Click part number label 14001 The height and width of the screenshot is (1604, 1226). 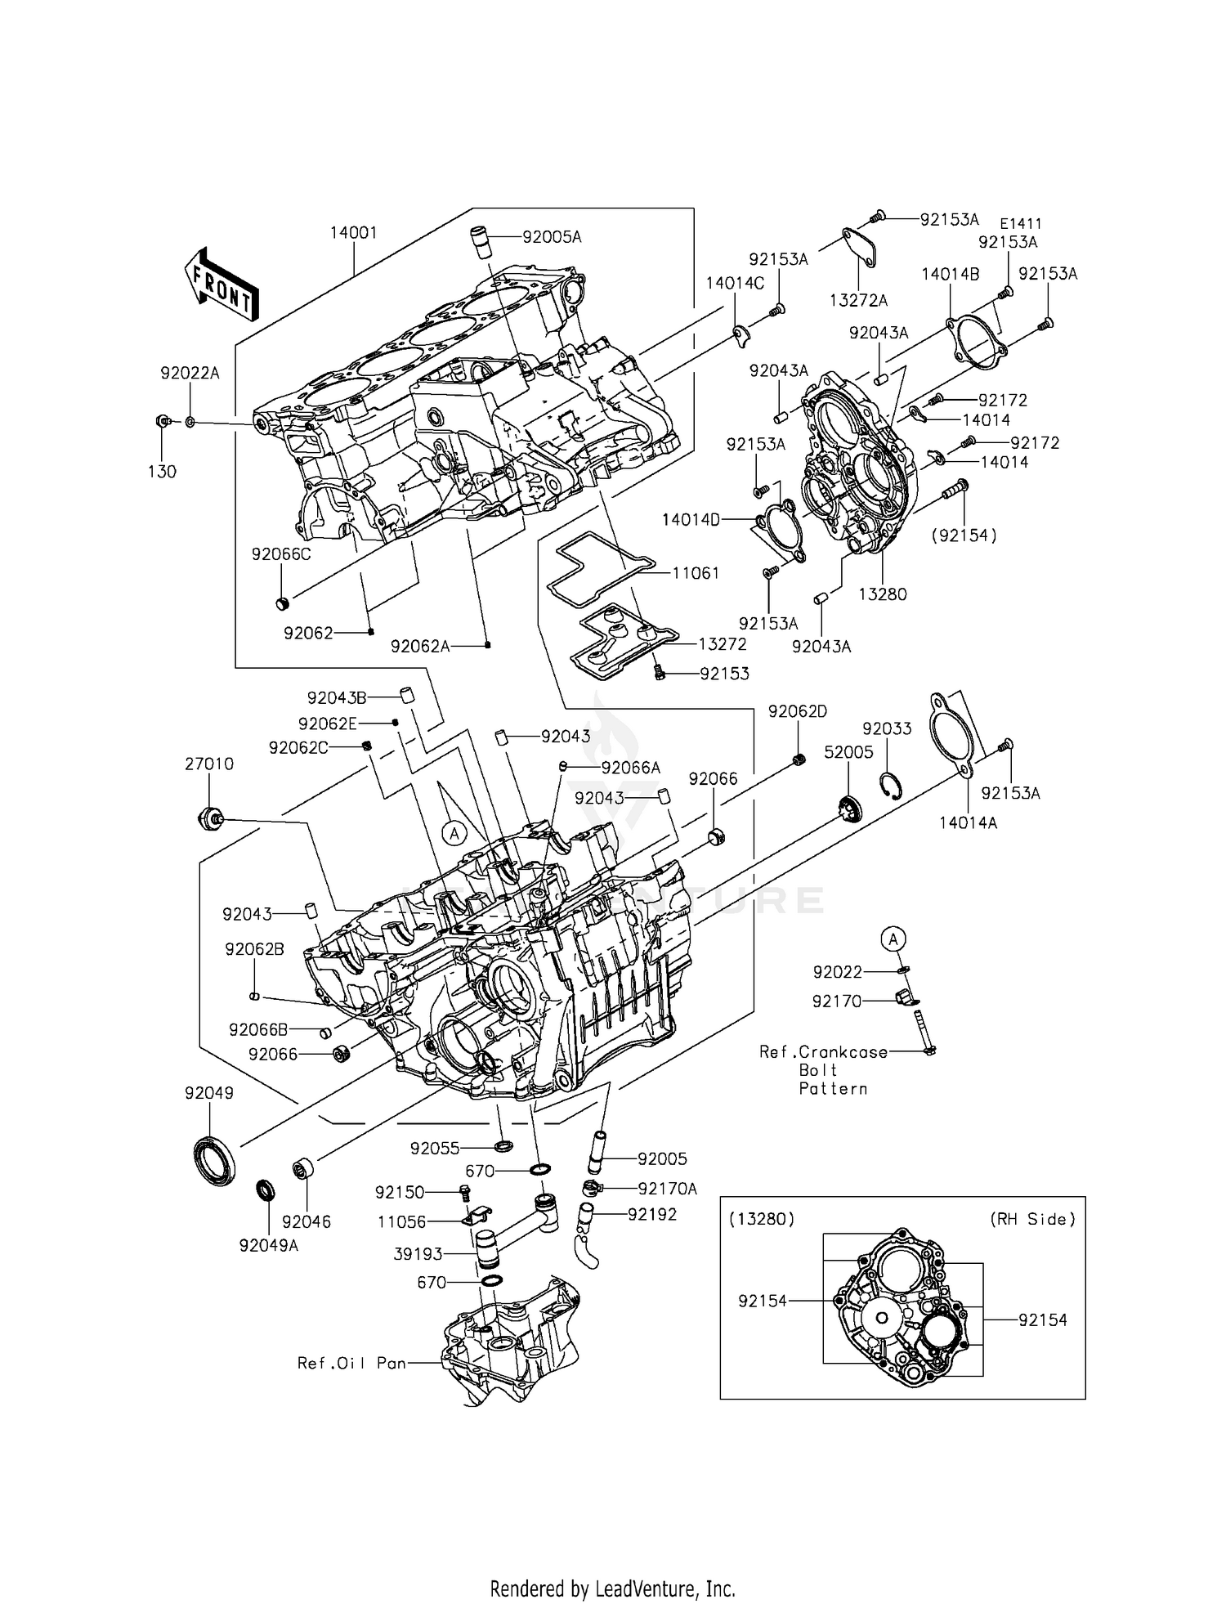tap(353, 233)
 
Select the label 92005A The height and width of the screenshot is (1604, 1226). tap(552, 237)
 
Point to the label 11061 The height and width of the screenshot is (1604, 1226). tap(696, 573)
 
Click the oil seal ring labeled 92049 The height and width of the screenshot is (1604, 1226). tap(214, 1159)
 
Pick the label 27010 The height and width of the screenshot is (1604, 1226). tap(208, 764)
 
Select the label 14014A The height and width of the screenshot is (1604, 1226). tap(968, 823)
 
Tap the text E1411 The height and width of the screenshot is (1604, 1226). tap(1022, 223)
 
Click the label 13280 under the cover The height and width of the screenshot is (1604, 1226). tap(883, 594)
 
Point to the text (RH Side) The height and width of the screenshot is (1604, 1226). tap(1032, 1219)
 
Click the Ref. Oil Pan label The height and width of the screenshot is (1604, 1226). tap(352, 1363)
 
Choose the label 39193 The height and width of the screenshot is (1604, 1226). tap(418, 1253)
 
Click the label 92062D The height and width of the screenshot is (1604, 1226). tap(797, 711)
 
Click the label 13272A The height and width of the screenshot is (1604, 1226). tap(858, 300)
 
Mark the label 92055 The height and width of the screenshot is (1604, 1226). tap(435, 1149)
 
